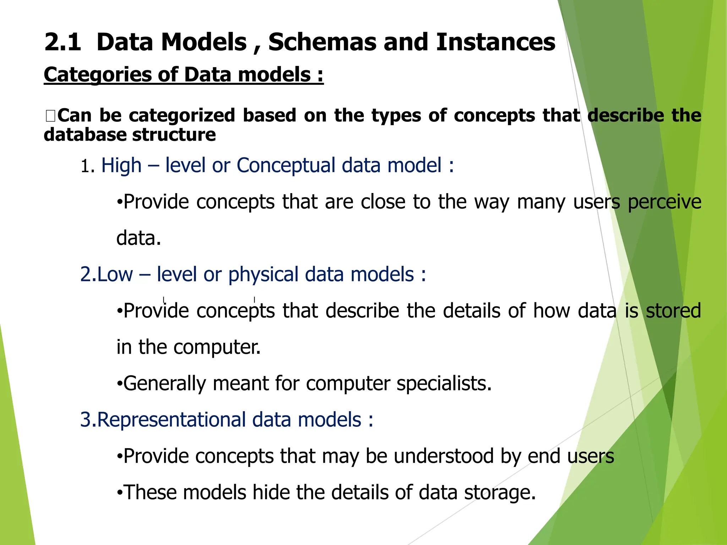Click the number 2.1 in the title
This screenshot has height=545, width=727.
point(63,42)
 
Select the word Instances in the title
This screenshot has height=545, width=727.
point(496,42)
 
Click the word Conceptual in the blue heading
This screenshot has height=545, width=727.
point(286,166)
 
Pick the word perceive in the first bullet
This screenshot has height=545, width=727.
point(664,202)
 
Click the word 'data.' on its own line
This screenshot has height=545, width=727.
point(139,238)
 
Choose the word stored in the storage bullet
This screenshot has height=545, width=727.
point(673,311)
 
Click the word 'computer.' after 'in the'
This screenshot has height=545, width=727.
point(217,347)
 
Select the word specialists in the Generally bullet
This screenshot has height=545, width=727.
point(444,384)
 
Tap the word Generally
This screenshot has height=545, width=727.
point(164,384)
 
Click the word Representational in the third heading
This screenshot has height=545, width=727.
point(171,420)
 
